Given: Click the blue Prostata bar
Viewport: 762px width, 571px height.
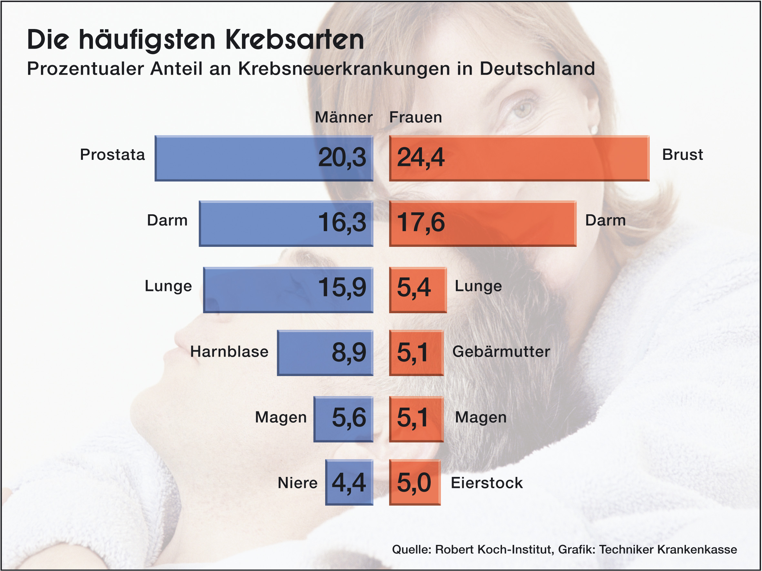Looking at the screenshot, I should [x=241, y=158].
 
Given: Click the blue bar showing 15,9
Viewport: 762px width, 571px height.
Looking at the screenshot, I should [x=262, y=290].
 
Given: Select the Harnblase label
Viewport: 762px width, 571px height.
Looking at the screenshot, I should [x=229, y=352].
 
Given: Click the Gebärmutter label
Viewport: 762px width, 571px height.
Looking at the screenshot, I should [x=501, y=352].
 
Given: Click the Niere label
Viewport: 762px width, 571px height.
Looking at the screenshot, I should [x=297, y=483].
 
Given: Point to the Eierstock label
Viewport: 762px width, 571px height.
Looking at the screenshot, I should [x=487, y=483].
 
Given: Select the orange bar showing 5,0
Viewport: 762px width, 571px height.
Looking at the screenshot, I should [x=415, y=482].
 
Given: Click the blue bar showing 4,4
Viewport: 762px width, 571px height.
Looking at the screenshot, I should [x=349, y=482].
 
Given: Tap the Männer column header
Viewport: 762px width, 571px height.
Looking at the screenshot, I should [x=344, y=117].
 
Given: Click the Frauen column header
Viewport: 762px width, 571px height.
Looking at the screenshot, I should [x=416, y=117].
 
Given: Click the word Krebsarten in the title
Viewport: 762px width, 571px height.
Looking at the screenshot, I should [x=295, y=40].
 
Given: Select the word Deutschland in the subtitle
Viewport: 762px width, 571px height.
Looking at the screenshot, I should [x=537, y=69].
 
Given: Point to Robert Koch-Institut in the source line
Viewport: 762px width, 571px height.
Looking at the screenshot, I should [x=494, y=549].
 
